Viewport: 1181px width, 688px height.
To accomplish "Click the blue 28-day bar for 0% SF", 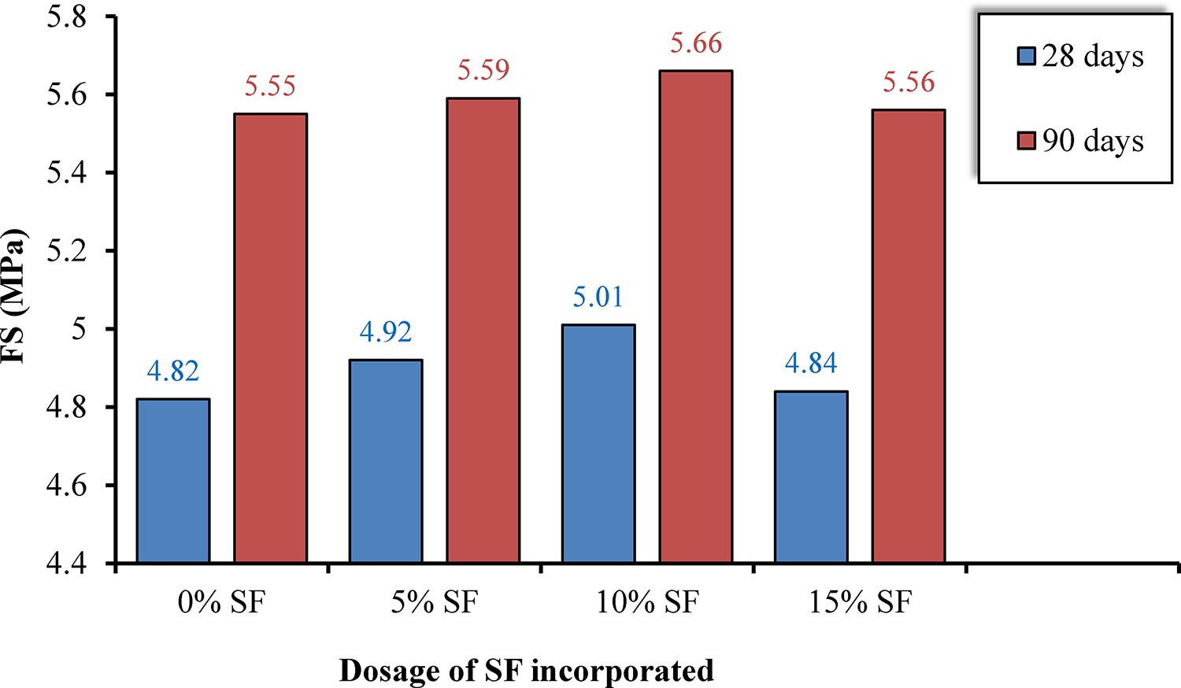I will point(173,480).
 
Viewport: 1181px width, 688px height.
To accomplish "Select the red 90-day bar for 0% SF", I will point(271,338).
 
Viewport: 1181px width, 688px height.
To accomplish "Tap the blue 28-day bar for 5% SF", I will point(386,461).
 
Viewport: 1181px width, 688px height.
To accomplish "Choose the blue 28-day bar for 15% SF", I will point(811,477).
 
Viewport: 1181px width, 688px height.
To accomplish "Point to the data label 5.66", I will point(696,44).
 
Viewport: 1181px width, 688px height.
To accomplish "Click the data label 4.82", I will point(173,371).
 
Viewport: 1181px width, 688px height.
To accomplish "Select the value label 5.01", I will point(598,297).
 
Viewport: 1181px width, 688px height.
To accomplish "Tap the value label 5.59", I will point(483,71).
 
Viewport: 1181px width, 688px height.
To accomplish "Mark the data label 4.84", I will point(811,363).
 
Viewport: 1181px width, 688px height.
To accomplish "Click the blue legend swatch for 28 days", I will point(1026,56).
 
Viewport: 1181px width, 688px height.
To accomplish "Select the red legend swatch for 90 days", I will point(1026,141).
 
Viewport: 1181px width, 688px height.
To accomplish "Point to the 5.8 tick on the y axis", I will point(67,17).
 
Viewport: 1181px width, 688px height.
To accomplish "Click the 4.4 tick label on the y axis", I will point(67,564).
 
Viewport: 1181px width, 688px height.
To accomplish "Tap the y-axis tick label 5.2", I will point(67,251).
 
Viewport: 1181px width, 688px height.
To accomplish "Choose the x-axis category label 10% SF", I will point(647,603).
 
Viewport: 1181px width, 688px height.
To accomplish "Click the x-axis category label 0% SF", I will point(222,603).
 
